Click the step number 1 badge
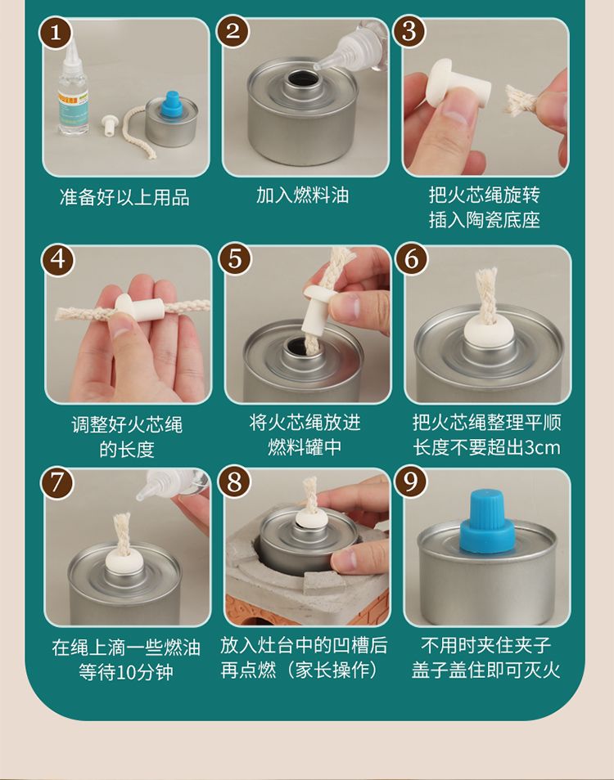pyautogui.click(x=55, y=33)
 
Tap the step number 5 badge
pyautogui.click(x=234, y=259)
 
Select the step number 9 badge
pyautogui.click(x=410, y=482)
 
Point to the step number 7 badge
pyautogui.click(x=56, y=483)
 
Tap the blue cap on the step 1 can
pyautogui.click(x=171, y=106)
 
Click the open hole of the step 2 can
pyautogui.click(x=302, y=79)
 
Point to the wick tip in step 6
pyautogui.click(x=485, y=275)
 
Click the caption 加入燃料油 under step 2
pyautogui.click(x=303, y=195)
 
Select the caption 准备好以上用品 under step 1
pyautogui.click(x=124, y=197)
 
